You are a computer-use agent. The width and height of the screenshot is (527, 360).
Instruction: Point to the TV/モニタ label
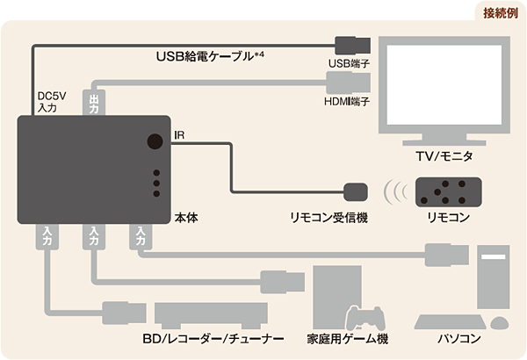(444, 156)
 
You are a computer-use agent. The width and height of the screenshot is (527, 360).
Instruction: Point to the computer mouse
(498, 324)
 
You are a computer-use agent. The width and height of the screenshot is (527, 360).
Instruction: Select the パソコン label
(458, 339)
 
